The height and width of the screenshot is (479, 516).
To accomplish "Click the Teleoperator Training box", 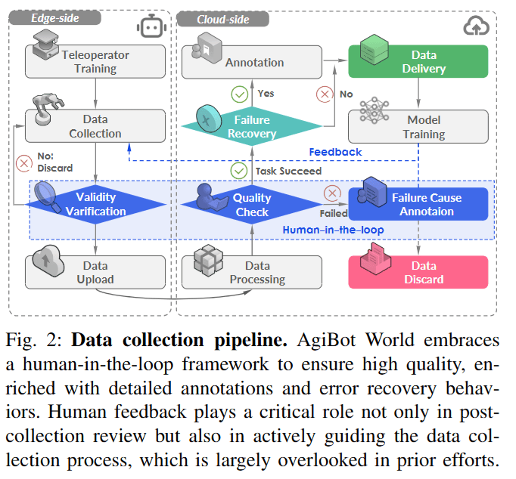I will coord(95,62).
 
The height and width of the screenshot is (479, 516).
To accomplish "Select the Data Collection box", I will coord(95,126).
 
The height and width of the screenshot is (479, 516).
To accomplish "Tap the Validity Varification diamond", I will coord(95,205).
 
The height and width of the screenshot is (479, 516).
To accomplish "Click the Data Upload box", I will coord(95,272).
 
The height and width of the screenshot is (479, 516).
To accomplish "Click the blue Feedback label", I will coord(335,152).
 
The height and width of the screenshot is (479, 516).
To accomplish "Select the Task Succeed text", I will coord(288,171).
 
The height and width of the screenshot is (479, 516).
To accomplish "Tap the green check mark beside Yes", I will coord(240,94).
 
